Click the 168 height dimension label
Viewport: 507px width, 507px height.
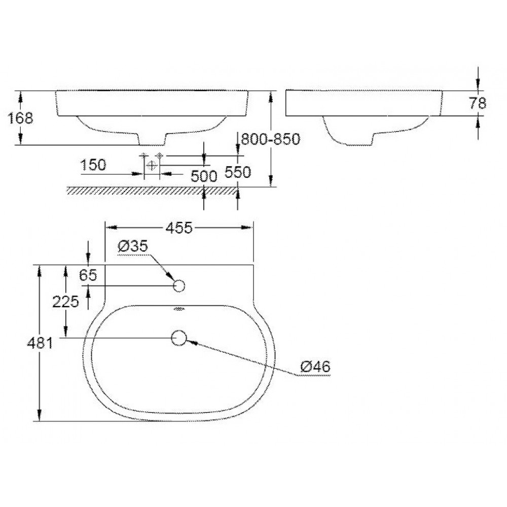[21, 118]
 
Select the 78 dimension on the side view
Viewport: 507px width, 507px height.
[477, 103]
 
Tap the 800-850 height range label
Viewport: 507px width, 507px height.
[270, 139]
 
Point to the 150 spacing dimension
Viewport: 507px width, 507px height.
[93, 165]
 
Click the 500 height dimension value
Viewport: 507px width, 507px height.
[204, 176]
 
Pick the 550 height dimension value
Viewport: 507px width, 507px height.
[238, 172]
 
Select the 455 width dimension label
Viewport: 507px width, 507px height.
[179, 228]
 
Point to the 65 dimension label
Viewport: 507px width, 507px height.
[88, 275]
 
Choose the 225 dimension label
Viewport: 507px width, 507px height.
[66, 302]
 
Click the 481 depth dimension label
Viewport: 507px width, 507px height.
[41, 343]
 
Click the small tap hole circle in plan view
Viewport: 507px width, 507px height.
[179, 286]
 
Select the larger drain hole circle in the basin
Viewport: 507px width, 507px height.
[179, 338]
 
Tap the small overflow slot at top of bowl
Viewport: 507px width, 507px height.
[179, 308]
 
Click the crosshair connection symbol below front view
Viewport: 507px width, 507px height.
[151, 165]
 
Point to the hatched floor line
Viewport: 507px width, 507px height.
[152, 190]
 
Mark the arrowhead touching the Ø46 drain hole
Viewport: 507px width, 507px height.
[192, 342]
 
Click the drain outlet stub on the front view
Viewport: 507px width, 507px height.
[152, 139]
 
